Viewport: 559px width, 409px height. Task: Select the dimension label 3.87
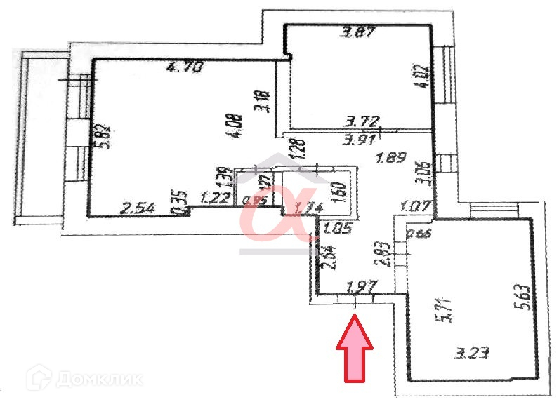click(356, 32)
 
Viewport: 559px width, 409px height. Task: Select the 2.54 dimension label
click(138, 208)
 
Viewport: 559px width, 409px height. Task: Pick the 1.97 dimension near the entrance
click(363, 286)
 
